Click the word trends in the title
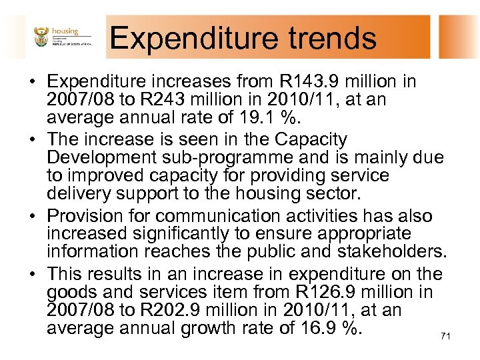332,38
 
